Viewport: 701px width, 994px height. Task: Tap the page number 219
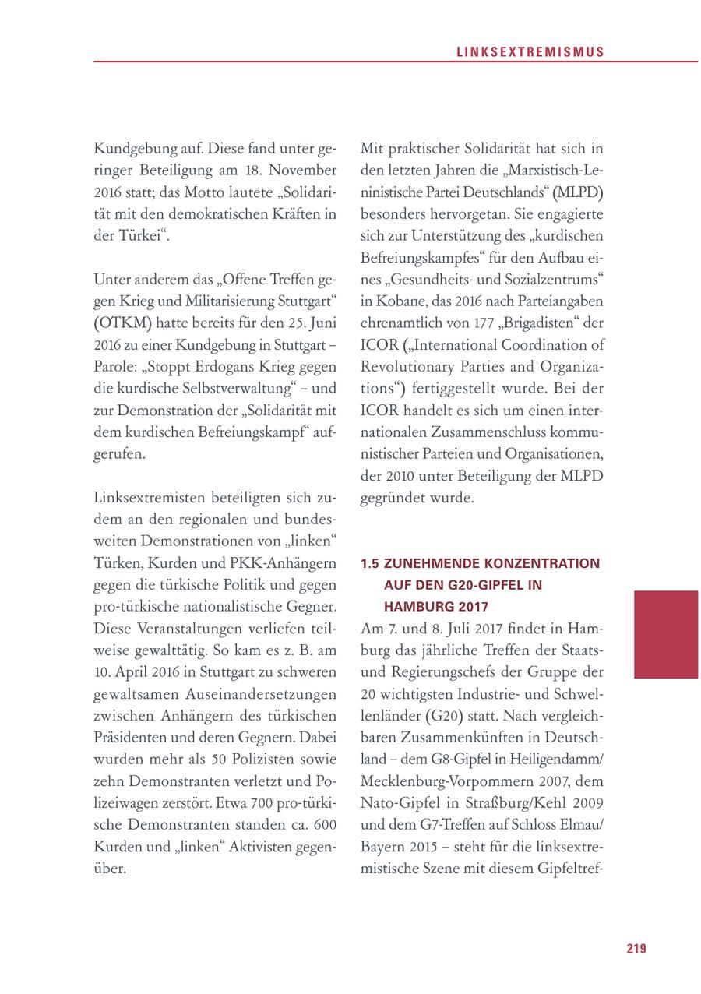(x=636, y=948)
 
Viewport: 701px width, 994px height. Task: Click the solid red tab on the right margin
(x=666, y=634)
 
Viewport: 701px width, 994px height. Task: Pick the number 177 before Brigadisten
(x=484, y=323)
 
